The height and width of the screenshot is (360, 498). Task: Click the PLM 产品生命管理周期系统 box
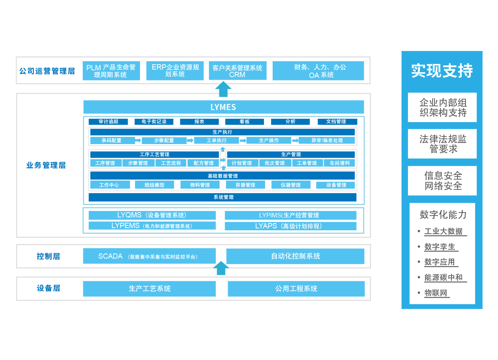[111, 71]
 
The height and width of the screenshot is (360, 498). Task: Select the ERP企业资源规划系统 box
[175, 71]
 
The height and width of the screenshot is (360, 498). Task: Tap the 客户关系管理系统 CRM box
[237, 71]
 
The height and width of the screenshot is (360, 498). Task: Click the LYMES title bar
[223, 107]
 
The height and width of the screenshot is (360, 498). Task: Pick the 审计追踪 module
[109, 122]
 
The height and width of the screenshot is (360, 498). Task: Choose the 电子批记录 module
[154, 122]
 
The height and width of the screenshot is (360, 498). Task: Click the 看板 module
[244, 122]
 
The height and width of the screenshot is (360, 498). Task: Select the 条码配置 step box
[112, 140]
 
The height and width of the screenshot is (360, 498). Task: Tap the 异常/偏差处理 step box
[327, 140]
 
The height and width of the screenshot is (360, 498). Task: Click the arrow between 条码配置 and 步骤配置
[138, 140]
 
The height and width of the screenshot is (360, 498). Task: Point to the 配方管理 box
[203, 163]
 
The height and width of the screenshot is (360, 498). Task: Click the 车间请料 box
[340, 163]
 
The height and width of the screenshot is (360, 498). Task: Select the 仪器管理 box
[291, 185]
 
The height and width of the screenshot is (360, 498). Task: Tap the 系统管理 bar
[223, 197]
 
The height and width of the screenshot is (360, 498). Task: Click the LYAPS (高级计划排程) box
[290, 226]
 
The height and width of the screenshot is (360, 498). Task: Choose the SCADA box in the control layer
[149, 256]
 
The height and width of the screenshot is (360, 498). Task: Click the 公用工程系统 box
[296, 289]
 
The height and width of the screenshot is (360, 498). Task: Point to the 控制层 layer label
[48, 256]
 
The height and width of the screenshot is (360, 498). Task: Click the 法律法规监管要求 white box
[442, 144]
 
